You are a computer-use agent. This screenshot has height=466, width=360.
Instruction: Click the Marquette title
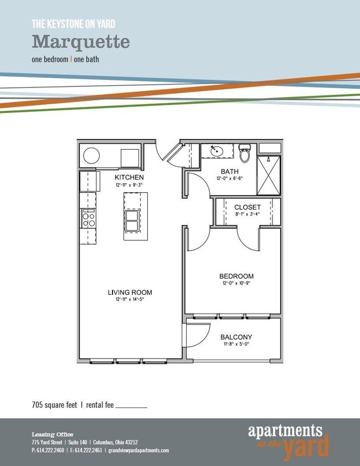click(x=81, y=42)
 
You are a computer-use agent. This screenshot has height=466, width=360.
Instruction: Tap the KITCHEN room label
click(x=129, y=177)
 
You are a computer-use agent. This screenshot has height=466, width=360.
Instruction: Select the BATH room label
click(x=229, y=171)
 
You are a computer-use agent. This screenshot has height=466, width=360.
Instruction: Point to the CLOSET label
click(x=247, y=207)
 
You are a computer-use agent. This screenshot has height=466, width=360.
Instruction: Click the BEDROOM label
click(x=236, y=276)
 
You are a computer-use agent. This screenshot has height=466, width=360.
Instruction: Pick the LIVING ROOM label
click(x=130, y=293)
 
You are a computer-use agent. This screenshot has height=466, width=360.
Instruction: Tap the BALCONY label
click(x=236, y=337)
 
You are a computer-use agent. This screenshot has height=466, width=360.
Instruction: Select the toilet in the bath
click(x=245, y=153)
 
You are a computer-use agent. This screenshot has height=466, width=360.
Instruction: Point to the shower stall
click(x=269, y=175)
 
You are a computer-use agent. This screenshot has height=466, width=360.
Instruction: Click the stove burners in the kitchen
click(x=88, y=218)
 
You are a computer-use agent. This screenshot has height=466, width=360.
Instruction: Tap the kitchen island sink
click(x=132, y=221)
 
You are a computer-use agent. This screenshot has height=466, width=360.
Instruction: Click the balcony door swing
click(x=197, y=335)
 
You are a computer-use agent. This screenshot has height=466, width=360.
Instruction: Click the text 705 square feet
click(x=55, y=405)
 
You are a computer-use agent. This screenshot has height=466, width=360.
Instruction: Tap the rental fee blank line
click(x=131, y=407)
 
